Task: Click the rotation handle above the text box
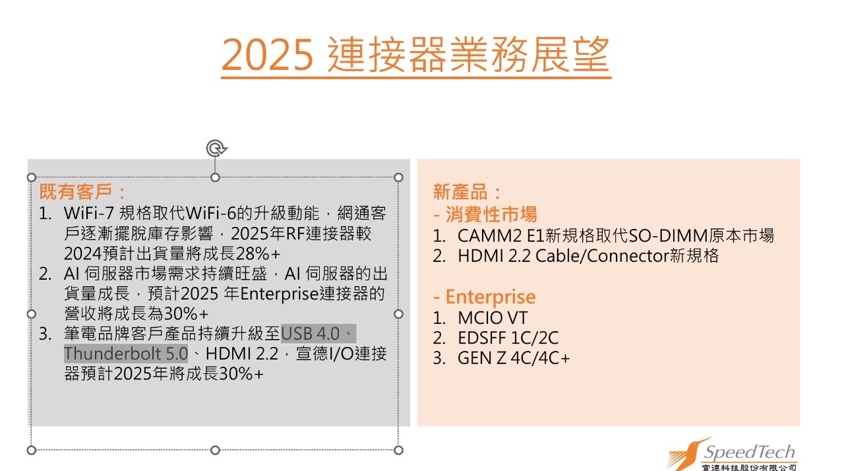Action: (x=216, y=148)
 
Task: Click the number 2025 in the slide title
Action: (x=267, y=55)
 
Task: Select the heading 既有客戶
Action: (x=75, y=191)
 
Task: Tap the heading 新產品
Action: (x=460, y=191)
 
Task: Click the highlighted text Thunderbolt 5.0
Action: (x=126, y=354)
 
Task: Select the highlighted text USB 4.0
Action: (x=311, y=334)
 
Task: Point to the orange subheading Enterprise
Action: (x=491, y=297)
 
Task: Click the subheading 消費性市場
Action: (x=491, y=214)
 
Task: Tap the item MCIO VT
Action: (x=493, y=318)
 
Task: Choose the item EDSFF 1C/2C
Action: (x=508, y=338)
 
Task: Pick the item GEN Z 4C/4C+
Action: (x=514, y=358)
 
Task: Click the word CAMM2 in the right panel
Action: (x=490, y=236)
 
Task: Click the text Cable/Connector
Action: (x=602, y=256)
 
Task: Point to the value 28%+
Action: (x=258, y=253)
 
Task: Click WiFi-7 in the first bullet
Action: (x=89, y=213)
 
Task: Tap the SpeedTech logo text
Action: (x=750, y=452)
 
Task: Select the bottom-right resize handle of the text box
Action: (x=398, y=450)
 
